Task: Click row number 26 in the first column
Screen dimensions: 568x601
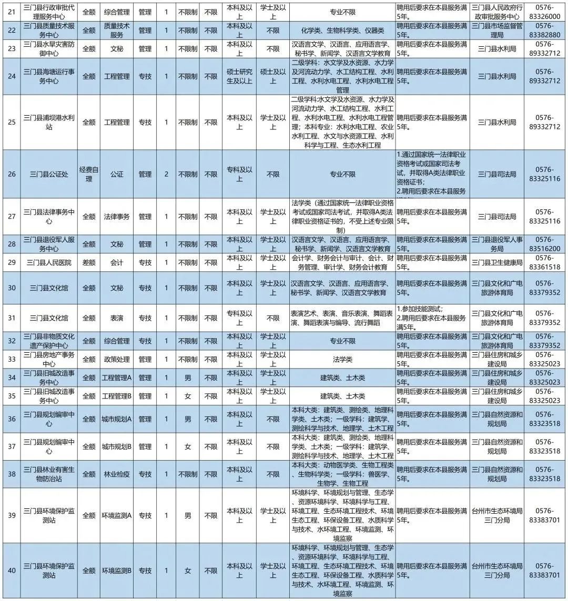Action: point(12,174)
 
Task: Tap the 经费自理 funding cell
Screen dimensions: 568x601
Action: point(89,174)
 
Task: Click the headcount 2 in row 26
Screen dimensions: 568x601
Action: point(166,174)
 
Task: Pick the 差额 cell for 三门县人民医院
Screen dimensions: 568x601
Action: point(89,262)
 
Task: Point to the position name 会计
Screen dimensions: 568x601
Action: point(116,262)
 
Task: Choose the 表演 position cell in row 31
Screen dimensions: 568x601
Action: point(116,318)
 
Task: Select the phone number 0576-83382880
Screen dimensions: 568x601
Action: point(545,30)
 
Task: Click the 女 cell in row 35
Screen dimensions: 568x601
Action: point(188,396)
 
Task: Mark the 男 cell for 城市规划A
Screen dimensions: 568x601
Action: point(188,419)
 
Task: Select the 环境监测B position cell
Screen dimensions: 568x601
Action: point(116,571)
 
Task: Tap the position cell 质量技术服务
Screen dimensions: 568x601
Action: point(116,30)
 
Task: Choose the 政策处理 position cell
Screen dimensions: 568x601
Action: point(116,359)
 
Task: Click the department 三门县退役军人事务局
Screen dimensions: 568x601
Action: point(496,244)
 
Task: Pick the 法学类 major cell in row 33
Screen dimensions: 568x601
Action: point(342,359)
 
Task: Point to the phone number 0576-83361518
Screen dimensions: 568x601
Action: point(545,262)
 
